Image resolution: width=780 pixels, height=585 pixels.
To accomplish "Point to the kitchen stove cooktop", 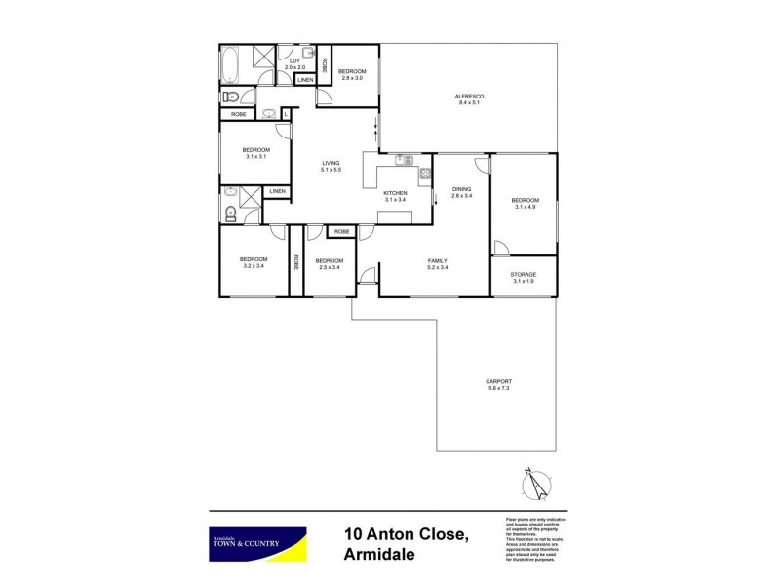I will click(x=425, y=175).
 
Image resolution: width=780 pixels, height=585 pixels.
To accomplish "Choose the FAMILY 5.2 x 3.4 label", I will click(x=436, y=264).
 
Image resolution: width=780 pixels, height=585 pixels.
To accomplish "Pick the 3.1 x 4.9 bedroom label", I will click(x=525, y=204).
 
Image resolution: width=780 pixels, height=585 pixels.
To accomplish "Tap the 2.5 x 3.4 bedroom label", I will click(x=329, y=263).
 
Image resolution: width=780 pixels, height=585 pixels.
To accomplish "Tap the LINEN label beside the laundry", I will click(x=305, y=79).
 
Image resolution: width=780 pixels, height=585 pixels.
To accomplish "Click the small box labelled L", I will click(x=286, y=114).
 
